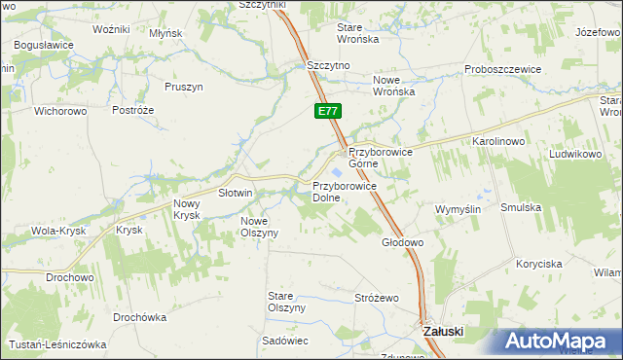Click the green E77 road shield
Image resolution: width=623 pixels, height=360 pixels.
pos(327,112)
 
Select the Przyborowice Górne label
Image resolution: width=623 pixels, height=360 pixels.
pos(382,158)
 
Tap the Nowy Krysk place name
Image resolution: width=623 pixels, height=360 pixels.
pos(186,208)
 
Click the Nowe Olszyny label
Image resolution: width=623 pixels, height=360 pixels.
pos(260,227)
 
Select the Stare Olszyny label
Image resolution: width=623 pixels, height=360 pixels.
pos(287,301)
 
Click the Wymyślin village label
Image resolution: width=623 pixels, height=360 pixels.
pos(458,209)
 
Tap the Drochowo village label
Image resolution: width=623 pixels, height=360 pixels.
pos(69,277)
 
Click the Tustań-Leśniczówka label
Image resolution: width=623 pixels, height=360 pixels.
pos(56,343)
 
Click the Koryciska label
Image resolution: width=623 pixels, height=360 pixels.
pos(540,264)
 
